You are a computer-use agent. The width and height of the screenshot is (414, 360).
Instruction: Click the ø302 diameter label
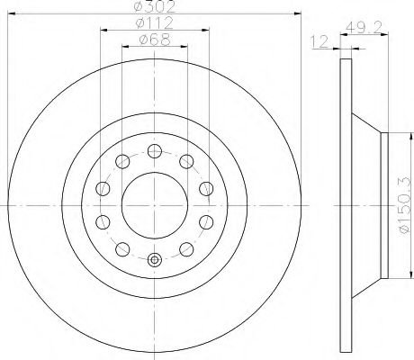tap(154, 6)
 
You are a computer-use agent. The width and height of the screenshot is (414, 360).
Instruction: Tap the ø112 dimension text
tap(154, 22)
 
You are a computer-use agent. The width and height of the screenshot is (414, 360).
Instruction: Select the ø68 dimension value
tap(155, 40)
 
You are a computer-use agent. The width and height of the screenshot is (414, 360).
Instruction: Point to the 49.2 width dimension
tap(364, 28)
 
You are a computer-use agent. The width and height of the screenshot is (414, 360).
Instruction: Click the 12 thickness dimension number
tap(319, 41)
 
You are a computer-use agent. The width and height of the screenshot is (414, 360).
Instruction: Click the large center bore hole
tap(155, 205)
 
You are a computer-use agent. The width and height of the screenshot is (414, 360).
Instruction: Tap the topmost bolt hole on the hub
tap(155, 151)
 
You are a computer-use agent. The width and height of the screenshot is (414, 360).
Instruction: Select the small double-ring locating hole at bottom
tap(155, 260)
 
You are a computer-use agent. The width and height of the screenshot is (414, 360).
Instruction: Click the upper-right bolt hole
tap(186, 161)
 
